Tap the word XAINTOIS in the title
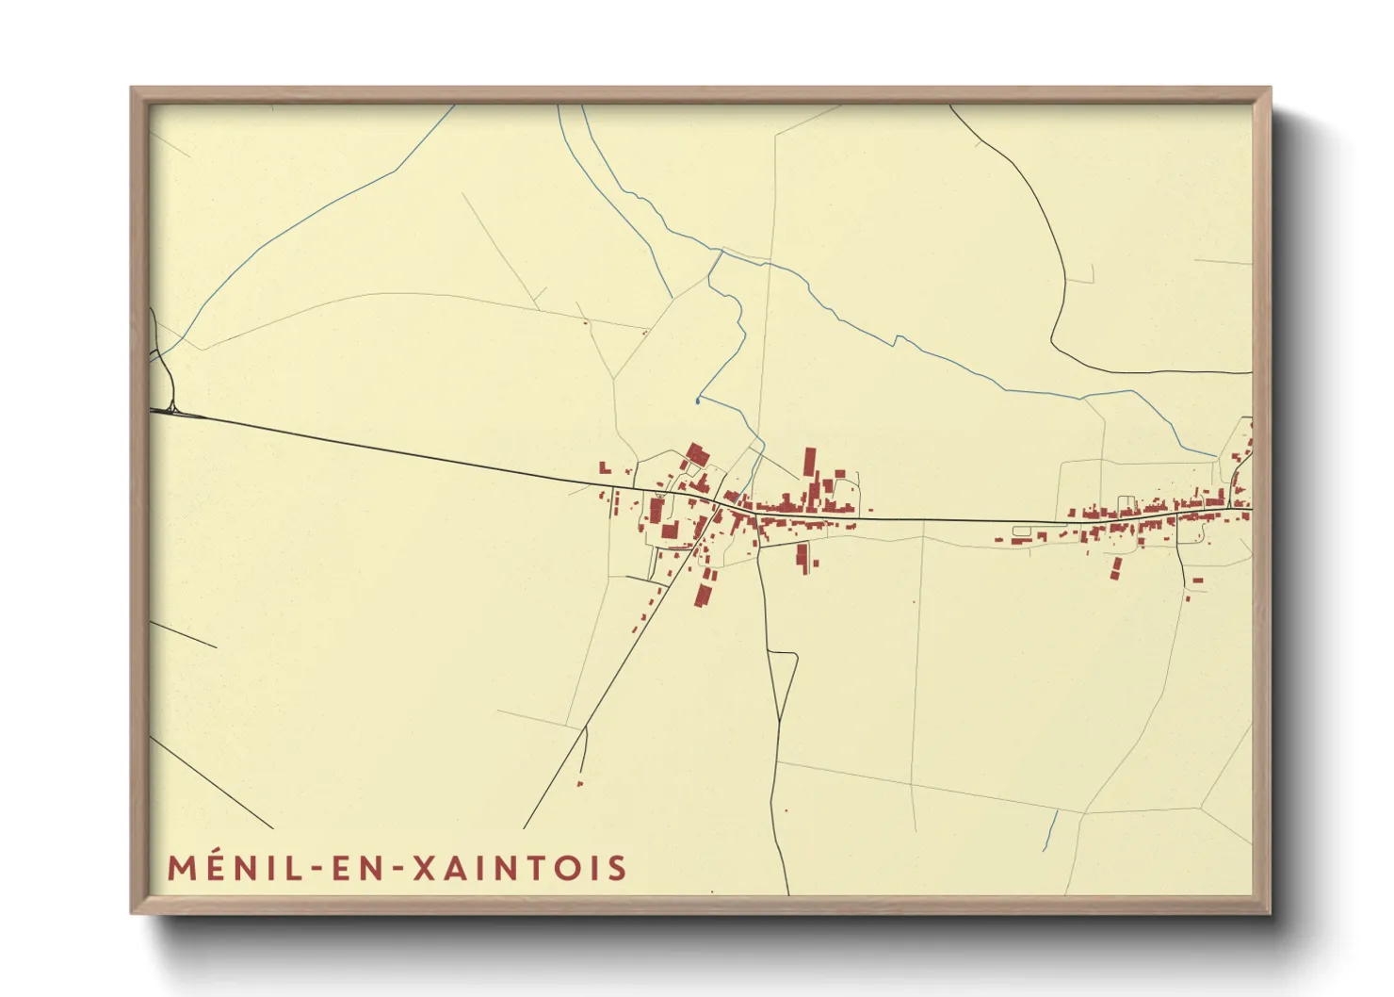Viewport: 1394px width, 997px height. (520, 868)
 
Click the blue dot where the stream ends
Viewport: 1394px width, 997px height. (697, 401)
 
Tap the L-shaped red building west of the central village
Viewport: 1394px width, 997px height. (605, 467)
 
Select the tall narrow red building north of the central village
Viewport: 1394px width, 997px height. (809, 464)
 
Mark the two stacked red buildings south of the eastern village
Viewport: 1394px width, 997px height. (1117, 567)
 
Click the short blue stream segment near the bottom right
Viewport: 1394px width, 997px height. (1049, 830)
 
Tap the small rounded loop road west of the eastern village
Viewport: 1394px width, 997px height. (1022, 531)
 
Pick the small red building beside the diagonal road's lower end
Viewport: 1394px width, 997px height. (579, 783)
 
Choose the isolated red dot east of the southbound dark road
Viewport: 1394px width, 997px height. (786, 810)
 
